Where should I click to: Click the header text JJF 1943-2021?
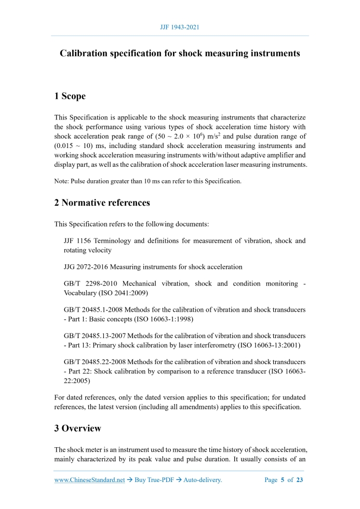coord(180,27)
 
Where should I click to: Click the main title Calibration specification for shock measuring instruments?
coord(180,53)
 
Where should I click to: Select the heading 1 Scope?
coord(70,96)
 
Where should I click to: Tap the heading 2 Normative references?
coord(102,203)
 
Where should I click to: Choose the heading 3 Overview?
coord(77,428)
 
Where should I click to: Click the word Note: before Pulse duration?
coord(62,181)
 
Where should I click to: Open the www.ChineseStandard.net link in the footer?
coord(89,480)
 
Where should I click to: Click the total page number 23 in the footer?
coord(299,480)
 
